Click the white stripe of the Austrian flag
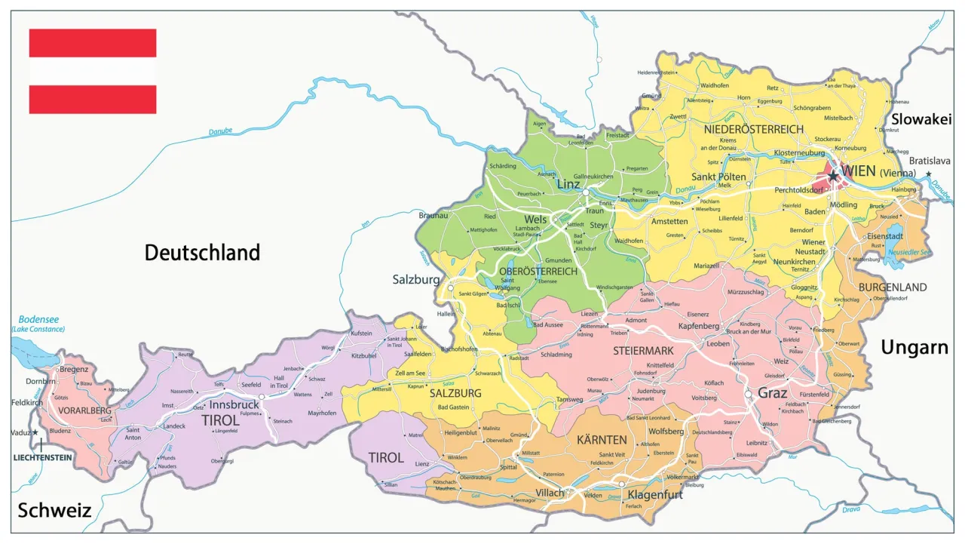(92, 72)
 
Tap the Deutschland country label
(202, 252)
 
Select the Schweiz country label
(54, 510)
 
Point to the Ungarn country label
(914, 347)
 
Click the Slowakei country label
(921, 119)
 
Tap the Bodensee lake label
(38, 320)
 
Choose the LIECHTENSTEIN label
(42, 457)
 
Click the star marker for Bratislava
(928, 174)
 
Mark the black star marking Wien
(833, 177)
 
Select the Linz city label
(568, 184)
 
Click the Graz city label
(772, 393)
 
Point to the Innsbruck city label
(234, 404)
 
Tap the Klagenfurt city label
(654, 495)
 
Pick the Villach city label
(550, 493)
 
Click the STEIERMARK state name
(642, 351)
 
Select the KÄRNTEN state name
(602, 439)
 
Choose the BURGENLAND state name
(892, 287)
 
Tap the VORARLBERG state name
(74, 410)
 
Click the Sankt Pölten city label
(718, 177)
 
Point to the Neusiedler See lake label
(910, 252)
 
